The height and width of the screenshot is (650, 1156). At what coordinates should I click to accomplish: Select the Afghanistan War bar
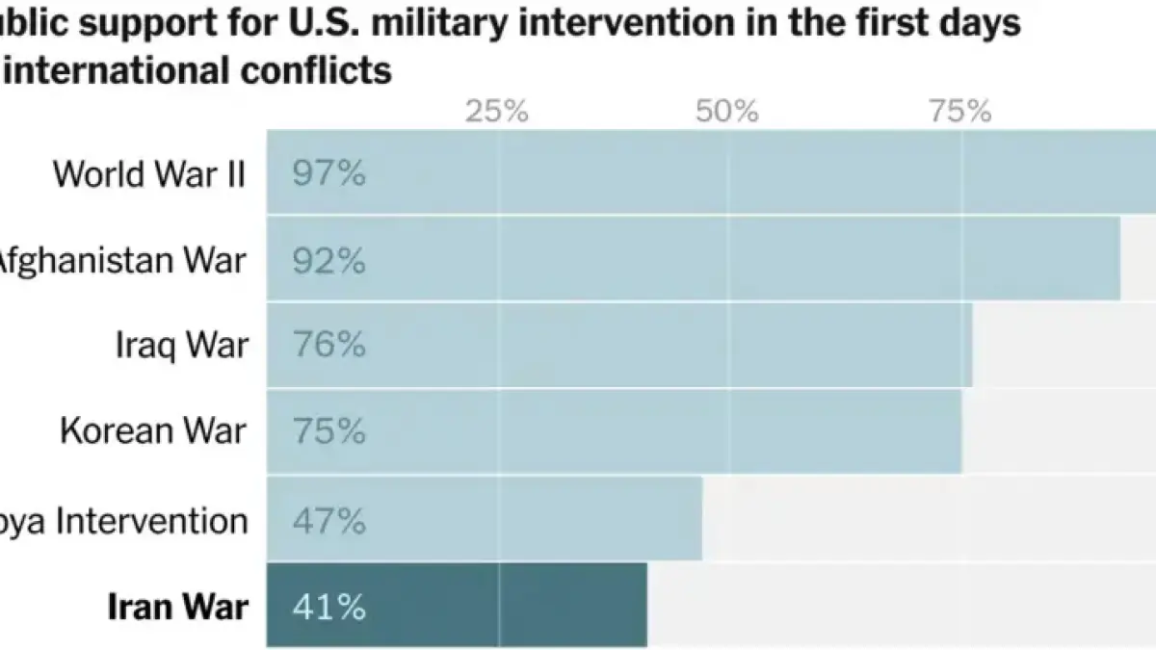pyautogui.click(x=694, y=258)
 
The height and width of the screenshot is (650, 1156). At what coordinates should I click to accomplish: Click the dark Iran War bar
pyautogui.click(x=458, y=605)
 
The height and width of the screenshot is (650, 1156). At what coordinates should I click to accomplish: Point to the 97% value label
pyautogui.click(x=329, y=174)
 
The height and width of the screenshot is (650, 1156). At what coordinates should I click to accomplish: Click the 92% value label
pyautogui.click(x=329, y=261)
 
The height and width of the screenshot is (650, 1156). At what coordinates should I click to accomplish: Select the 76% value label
pyautogui.click(x=329, y=346)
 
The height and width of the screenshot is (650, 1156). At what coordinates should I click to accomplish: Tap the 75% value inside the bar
pyautogui.click(x=329, y=432)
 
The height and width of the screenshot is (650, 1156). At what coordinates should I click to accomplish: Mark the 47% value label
pyautogui.click(x=329, y=521)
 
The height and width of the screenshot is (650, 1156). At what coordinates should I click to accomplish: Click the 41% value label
pyautogui.click(x=329, y=608)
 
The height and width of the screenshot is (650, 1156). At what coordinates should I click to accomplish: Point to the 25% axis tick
pyautogui.click(x=497, y=112)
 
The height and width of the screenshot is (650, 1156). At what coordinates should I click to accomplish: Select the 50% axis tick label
pyautogui.click(x=727, y=112)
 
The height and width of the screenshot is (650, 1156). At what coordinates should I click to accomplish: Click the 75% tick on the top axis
pyautogui.click(x=960, y=112)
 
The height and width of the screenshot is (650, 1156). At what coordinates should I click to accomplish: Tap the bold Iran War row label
pyautogui.click(x=177, y=607)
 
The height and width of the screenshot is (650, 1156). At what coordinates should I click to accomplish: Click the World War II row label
pyautogui.click(x=149, y=174)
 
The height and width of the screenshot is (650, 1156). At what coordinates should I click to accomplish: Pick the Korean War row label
pyautogui.click(x=153, y=431)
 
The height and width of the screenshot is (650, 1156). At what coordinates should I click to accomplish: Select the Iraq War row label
pyautogui.click(x=182, y=346)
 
